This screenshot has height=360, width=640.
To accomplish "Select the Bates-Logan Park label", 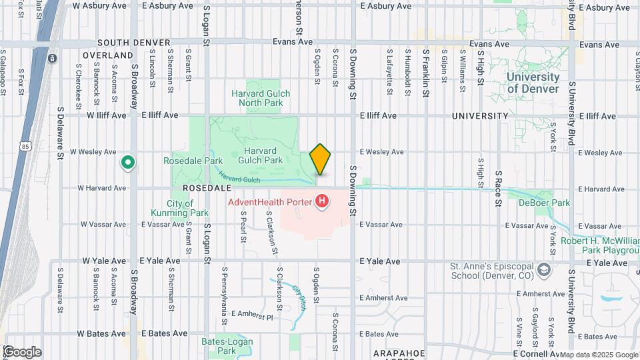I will (x=219, y=346).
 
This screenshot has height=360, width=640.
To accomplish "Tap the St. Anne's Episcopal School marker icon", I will (x=544, y=269).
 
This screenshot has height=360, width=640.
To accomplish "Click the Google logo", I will (x=21, y=352).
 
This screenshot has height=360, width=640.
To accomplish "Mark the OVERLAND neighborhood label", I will (x=108, y=55).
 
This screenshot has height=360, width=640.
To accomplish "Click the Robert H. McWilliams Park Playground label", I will (x=599, y=245).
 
